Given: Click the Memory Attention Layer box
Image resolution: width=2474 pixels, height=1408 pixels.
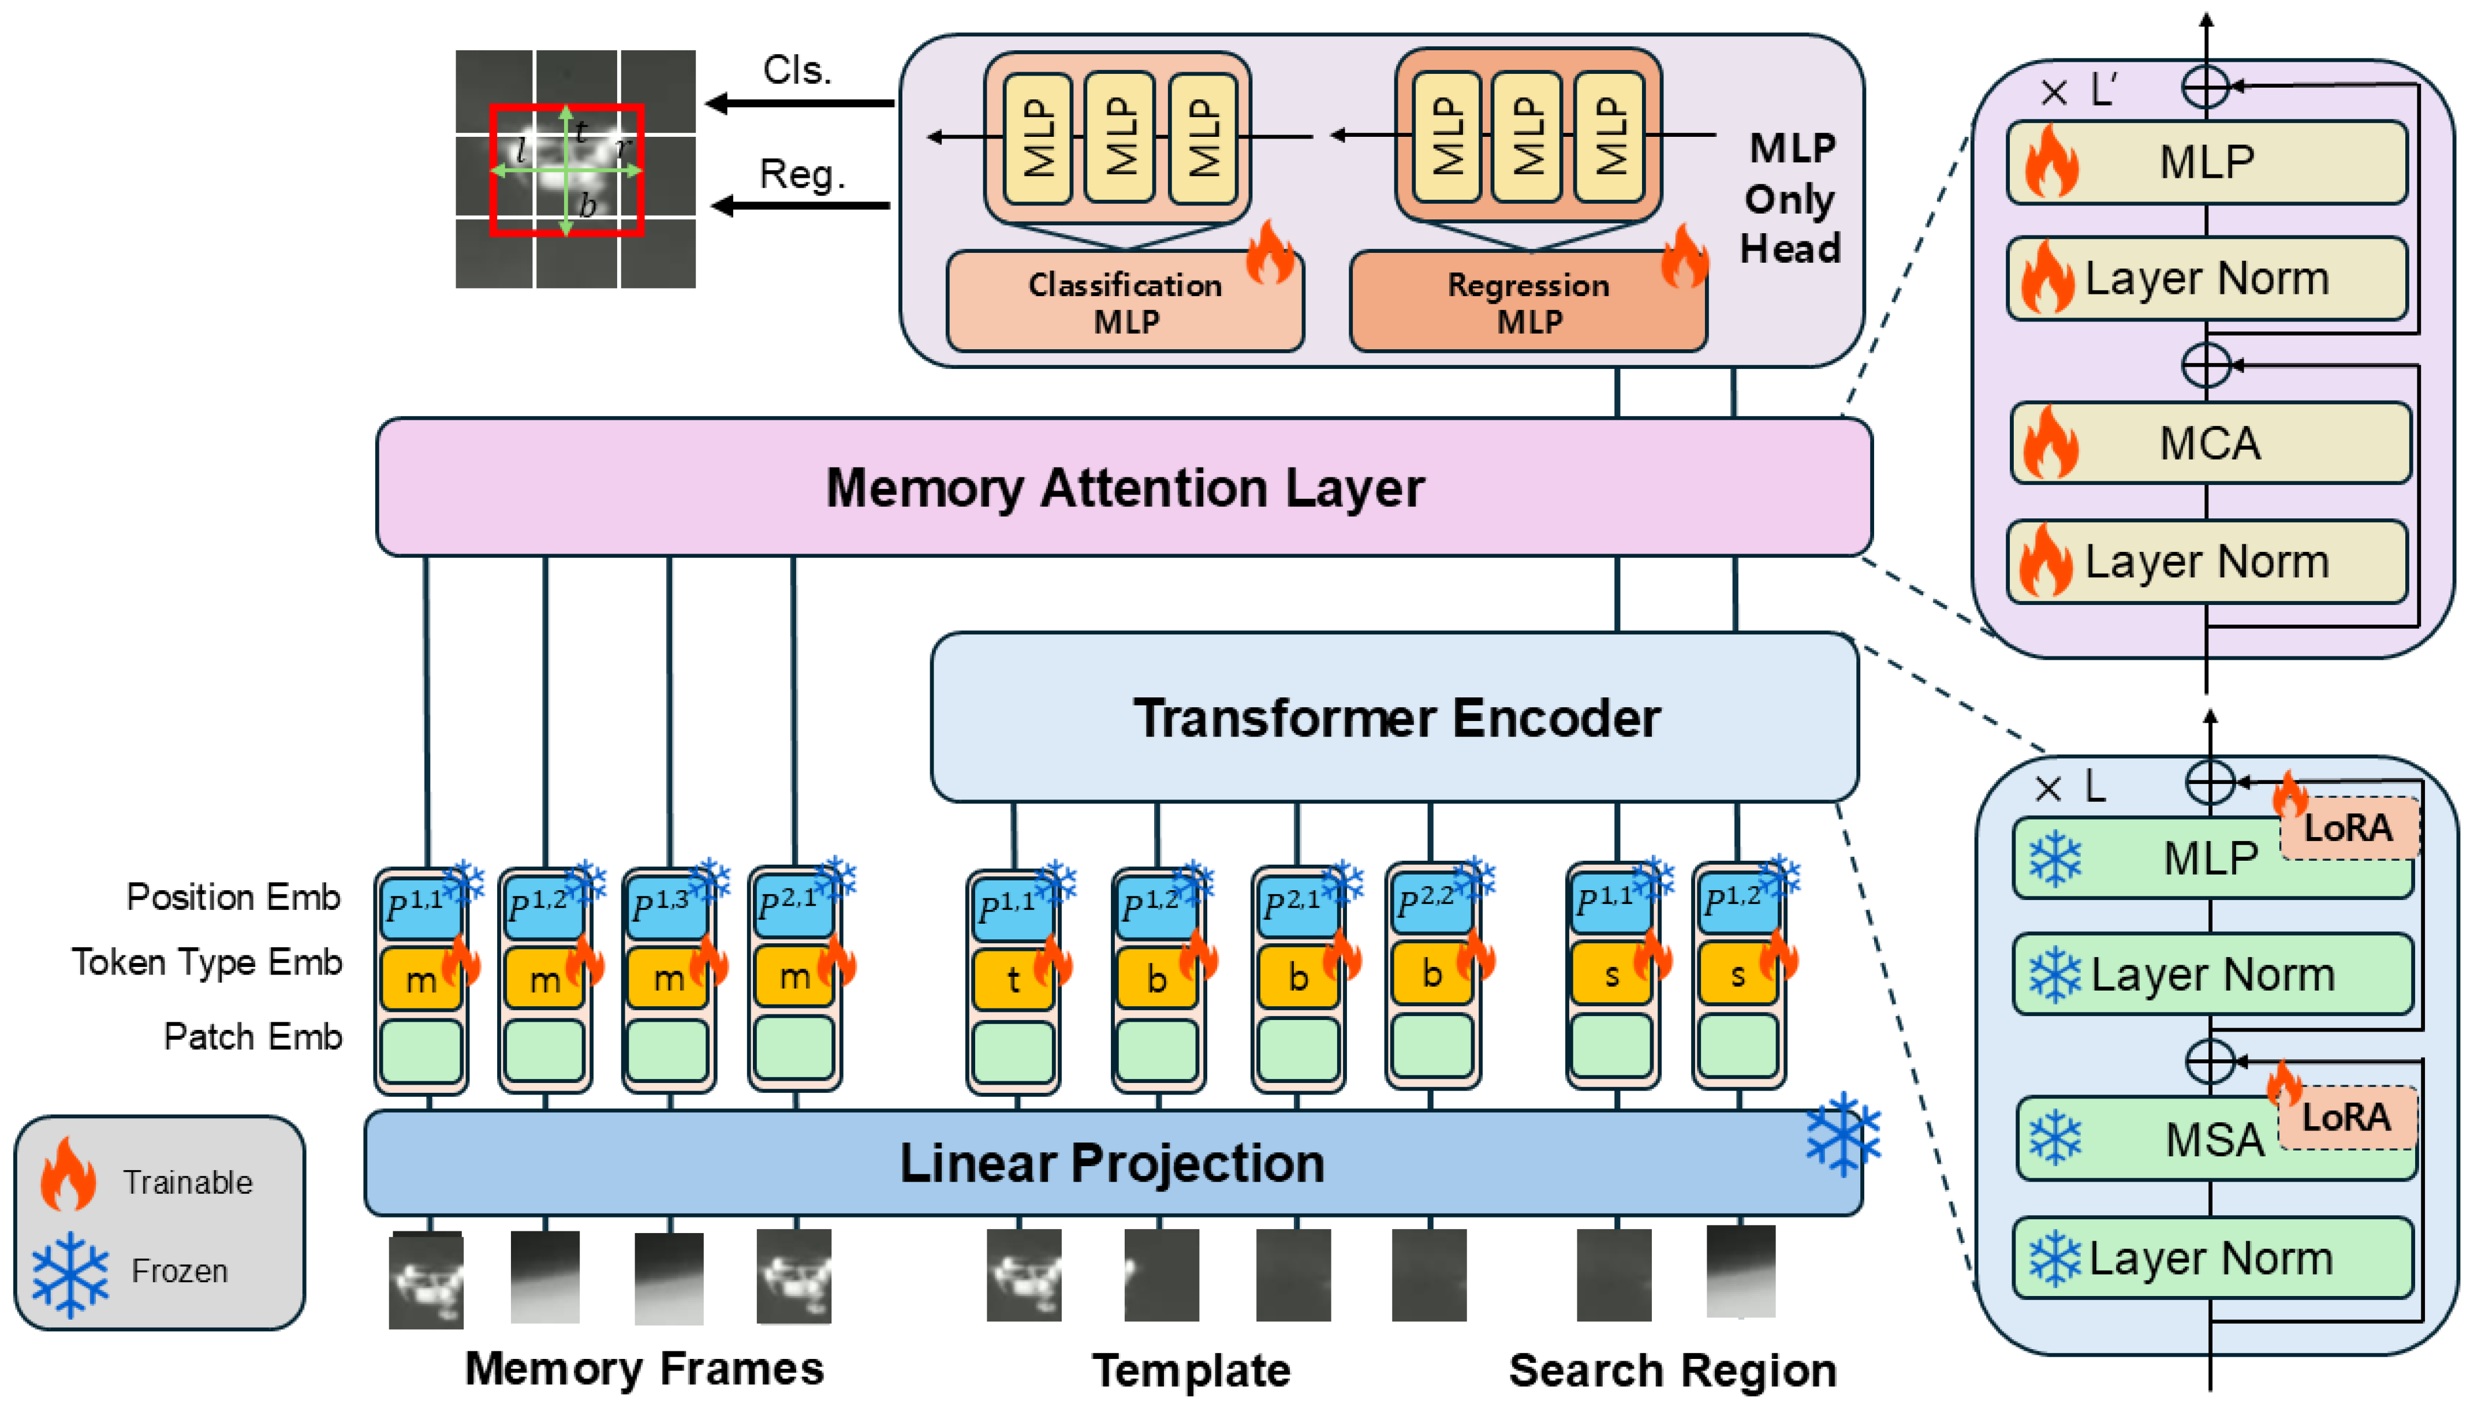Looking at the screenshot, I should pyautogui.click(x=1124, y=487).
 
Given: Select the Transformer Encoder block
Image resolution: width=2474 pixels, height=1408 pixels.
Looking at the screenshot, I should pyautogui.click(x=1395, y=718).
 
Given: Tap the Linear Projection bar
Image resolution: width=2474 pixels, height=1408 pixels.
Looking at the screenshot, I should pyautogui.click(x=1112, y=1163).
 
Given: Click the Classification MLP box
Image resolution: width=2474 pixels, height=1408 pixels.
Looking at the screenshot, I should pyautogui.click(x=1124, y=302).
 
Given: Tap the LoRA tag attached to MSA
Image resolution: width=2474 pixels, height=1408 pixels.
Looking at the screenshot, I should pyautogui.click(x=2346, y=1118).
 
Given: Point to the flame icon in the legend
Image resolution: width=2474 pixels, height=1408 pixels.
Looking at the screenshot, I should pyautogui.click(x=68, y=1174).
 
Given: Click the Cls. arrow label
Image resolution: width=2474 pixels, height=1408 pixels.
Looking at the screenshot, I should pyautogui.click(x=797, y=70).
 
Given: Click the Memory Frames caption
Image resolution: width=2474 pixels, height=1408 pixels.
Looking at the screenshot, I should pyautogui.click(x=644, y=1368).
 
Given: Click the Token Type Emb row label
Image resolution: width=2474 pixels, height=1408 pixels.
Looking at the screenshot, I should pyautogui.click(x=207, y=962).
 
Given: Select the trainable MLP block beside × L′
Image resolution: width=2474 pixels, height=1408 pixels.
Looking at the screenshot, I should pyautogui.click(x=2207, y=162).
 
